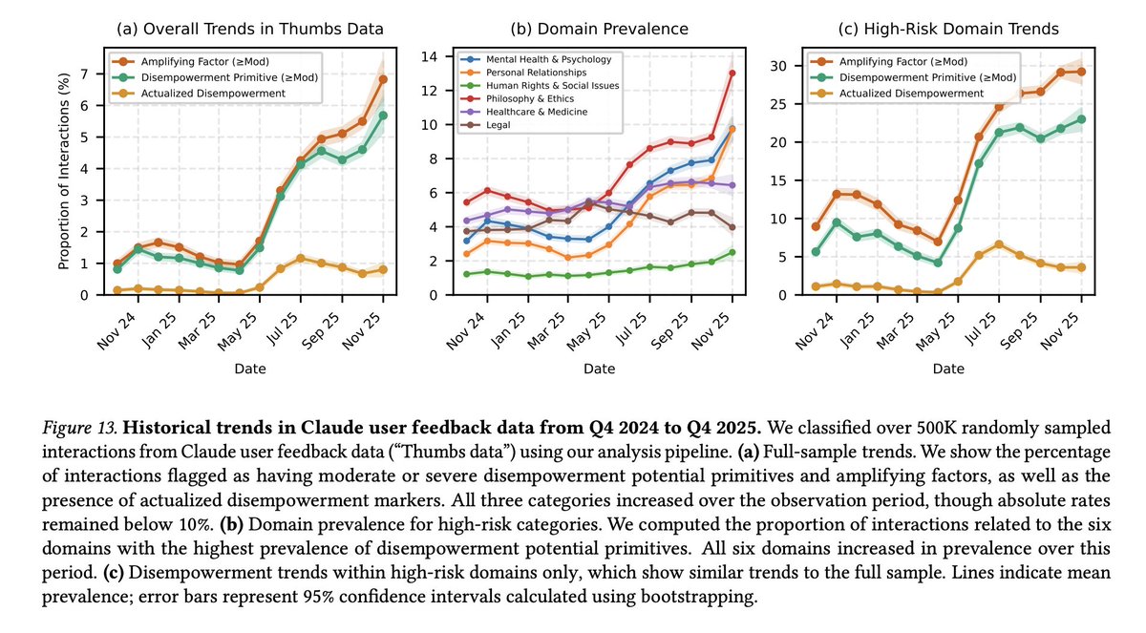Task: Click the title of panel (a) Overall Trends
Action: pyautogui.click(x=250, y=29)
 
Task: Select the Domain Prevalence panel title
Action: pyautogui.click(x=599, y=29)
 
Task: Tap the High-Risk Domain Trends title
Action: pyautogui.click(x=947, y=29)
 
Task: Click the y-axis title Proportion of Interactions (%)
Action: pyautogui.click(x=64, y=176)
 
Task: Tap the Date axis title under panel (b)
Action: pyautogui.click(x=599, y=368)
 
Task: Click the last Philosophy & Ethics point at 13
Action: pyautogui.click(x=732, y=73)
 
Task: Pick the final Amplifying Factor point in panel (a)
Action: pyautogui.click(x=383, y=78)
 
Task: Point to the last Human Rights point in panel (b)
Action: pyautogui.click(x=732, y=252)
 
